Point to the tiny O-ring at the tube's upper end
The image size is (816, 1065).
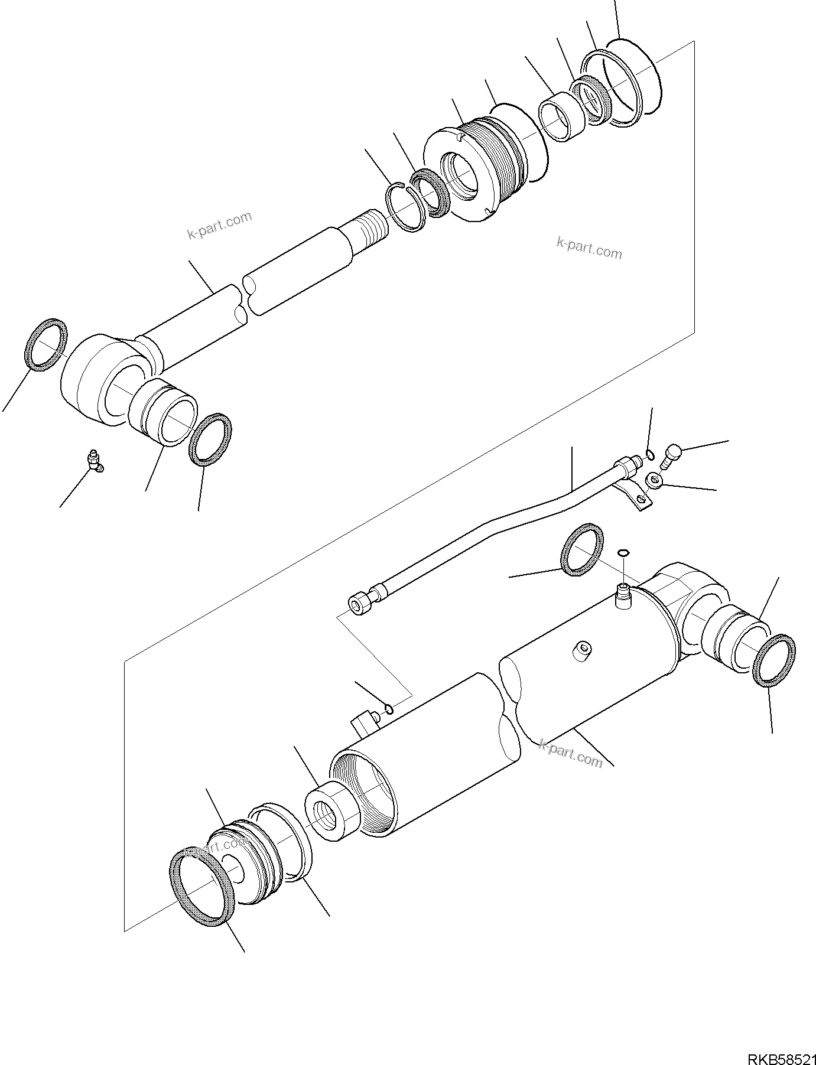click(650, 454)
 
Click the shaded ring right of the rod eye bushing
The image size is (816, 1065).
click(210, 439)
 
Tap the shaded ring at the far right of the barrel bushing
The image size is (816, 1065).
click(775, 660)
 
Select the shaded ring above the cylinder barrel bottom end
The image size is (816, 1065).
click(581, 549)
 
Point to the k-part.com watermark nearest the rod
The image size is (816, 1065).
click(219, 226)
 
